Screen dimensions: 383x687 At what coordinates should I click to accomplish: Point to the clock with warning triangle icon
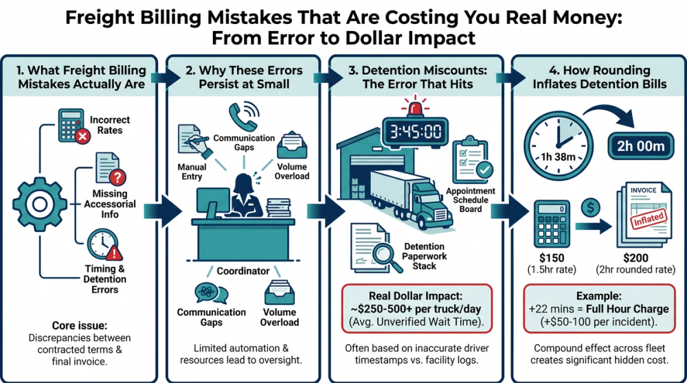tap(100, 244)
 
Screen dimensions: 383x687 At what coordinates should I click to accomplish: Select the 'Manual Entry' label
tap(192, 172)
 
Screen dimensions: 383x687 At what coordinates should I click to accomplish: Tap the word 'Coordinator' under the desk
tap(243, 271)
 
